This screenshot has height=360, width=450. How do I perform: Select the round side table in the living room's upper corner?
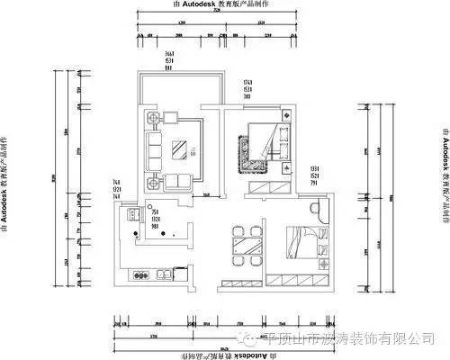pyautogui.click(x=154, y=117)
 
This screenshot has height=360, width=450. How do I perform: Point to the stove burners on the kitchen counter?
pyautogui.click(x=139, y=273)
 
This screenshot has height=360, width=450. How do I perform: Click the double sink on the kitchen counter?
pyautogui.click(x=167, y=273)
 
